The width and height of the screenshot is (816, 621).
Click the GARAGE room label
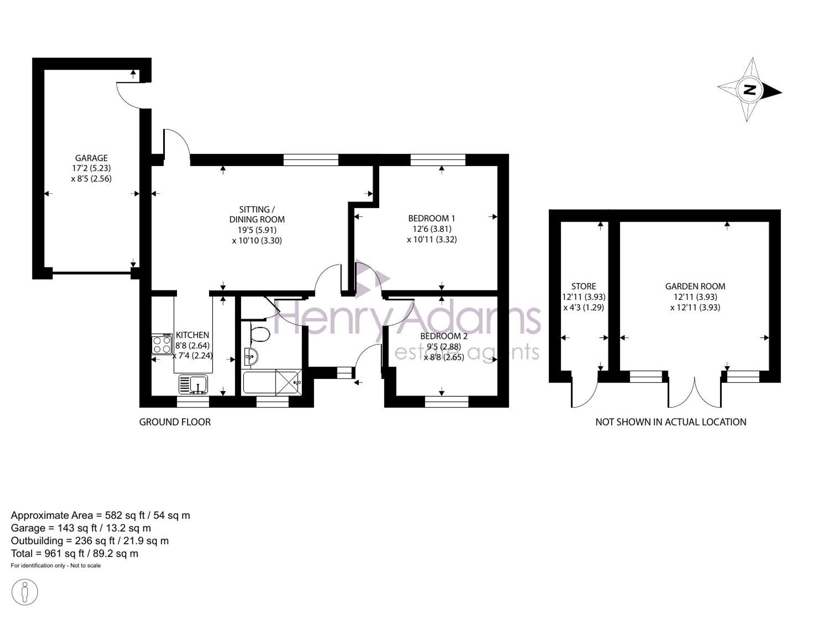tap(91, 158)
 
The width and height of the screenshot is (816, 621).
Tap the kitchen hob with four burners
tap(162, 344)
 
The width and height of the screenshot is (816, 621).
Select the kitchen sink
tap(193, 385)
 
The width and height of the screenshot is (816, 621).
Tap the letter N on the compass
tap(749, 90)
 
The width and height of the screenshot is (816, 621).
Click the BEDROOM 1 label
tap(432, 218)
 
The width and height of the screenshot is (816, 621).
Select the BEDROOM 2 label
tap(444, 336)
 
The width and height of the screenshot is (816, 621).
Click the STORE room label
tap(583, 286)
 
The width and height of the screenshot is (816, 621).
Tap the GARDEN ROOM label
tap(695, 286)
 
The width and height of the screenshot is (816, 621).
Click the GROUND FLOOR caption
tap(175, 422)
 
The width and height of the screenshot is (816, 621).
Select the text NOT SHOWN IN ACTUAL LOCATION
tap(671, 422)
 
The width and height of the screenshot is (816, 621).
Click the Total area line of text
tap(75, 554)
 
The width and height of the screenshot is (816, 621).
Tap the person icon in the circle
tap(25, 592)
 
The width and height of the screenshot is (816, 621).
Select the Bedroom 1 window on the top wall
tap(438, 160)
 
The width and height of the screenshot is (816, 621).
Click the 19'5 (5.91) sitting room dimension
tap(257, 230)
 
